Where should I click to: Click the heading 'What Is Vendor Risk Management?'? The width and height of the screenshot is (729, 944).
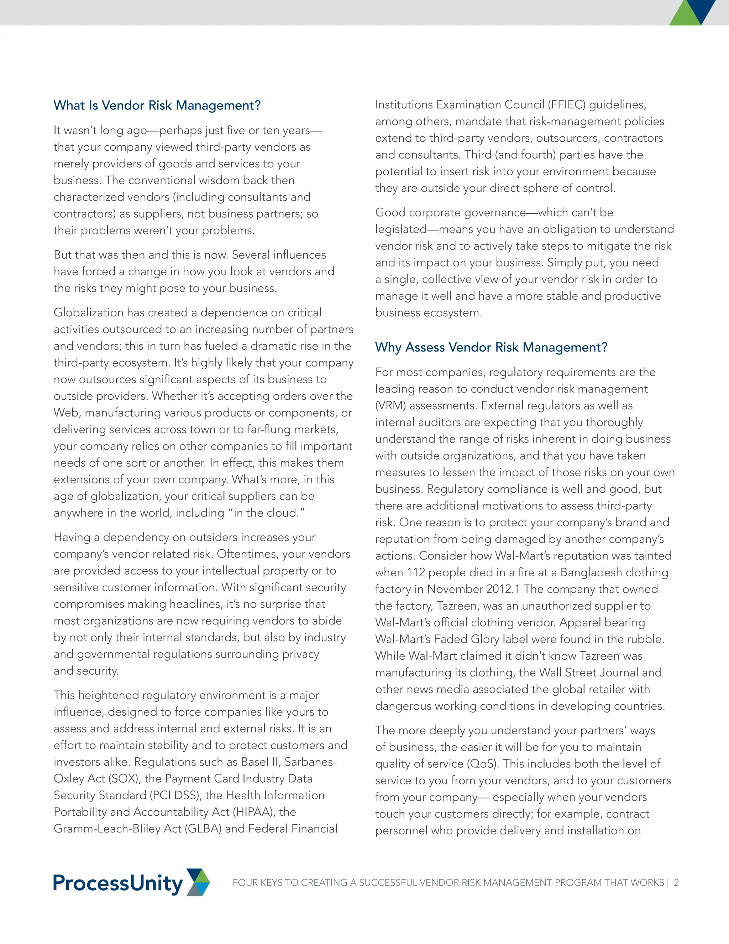(x=157, y=105)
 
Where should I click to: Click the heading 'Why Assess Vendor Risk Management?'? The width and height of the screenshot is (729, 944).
(x=491, y=347)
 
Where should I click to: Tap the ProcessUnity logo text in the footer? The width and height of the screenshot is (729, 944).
(x=117, y=883)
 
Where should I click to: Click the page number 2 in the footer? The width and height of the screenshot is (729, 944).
(x=676, y=883)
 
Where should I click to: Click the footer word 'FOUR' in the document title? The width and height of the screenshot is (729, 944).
(x=245, y=883)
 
